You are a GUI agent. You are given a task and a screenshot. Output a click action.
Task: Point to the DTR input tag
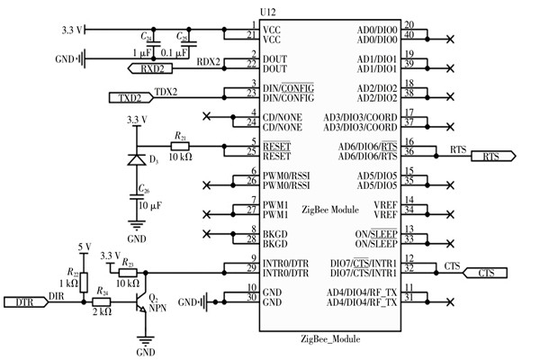[x=27, y=303]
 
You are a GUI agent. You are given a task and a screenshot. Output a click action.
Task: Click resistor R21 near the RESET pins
[x=181, y=145]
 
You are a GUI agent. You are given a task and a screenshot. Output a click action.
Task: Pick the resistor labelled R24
[x=103, y=303]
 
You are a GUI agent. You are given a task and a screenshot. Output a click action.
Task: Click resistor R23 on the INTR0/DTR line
[x=129, y=269]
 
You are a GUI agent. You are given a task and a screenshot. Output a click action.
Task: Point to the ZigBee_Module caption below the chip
[x=330, y=339]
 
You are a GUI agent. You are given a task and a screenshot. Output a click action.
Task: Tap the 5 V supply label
[x=85, y=247]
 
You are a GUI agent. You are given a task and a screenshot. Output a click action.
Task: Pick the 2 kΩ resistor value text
[x=103, y=313]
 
